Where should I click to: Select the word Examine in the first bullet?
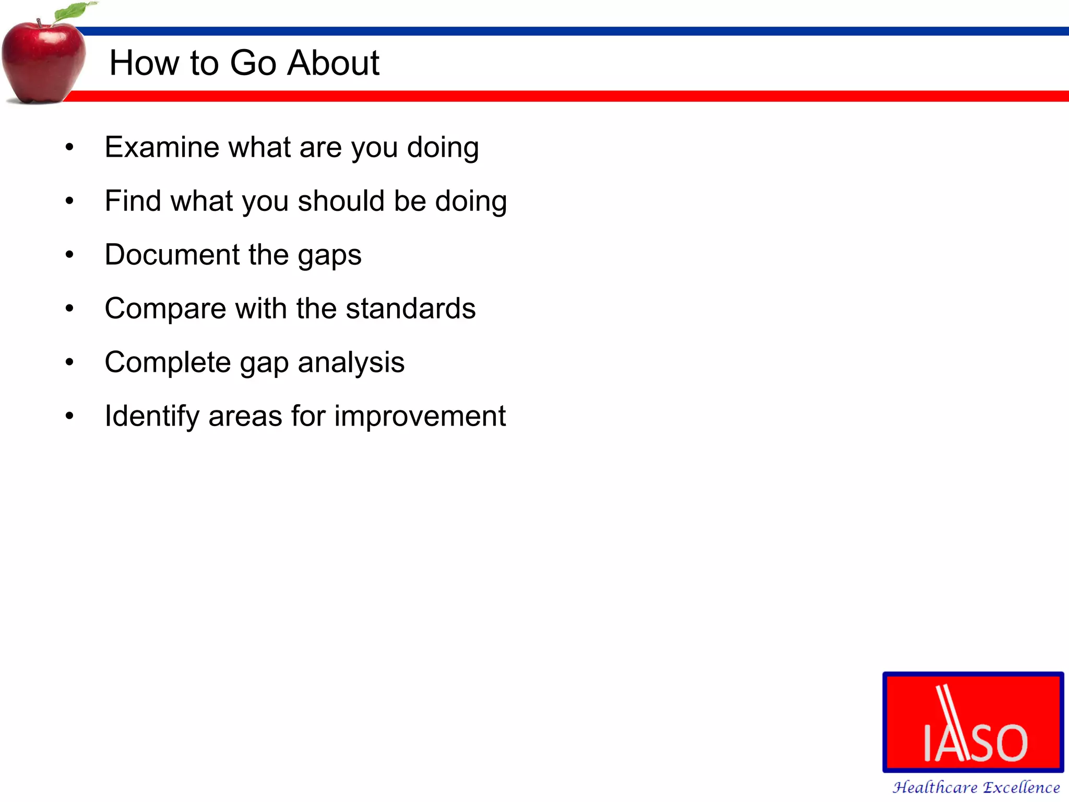click(162, 147)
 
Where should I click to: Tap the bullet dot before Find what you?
click(69, 201)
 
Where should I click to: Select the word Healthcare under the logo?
click(934, 787)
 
